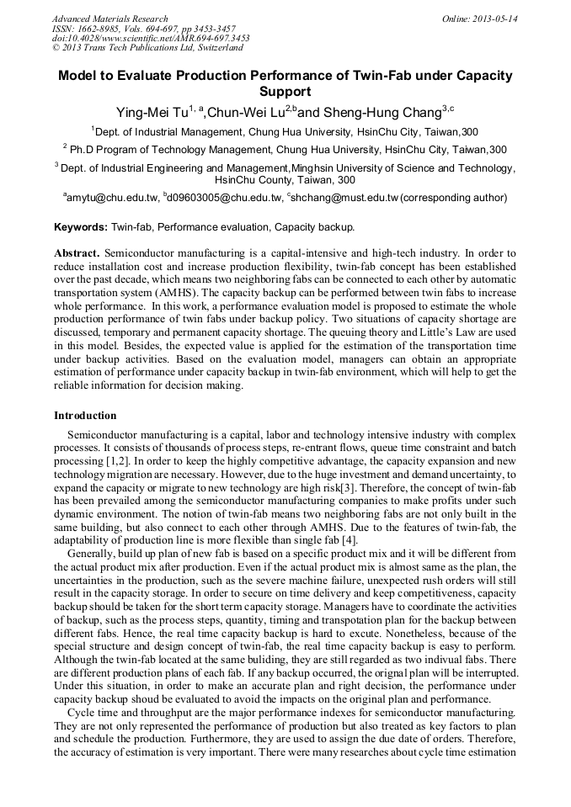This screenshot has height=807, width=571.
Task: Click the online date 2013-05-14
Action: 495,19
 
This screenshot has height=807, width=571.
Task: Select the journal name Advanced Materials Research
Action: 109,19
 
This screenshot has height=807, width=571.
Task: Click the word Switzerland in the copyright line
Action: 215,48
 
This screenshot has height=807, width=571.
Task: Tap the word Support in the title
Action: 285,91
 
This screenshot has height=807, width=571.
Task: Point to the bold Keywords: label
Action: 81,227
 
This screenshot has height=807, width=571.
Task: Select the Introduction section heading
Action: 85,416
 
